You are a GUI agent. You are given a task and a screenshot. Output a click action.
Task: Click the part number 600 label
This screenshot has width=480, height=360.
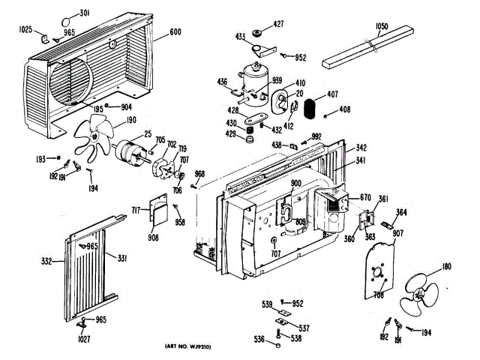[x=175, y=32]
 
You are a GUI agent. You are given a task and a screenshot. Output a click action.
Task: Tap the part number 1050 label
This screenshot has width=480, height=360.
[x=381, y=27]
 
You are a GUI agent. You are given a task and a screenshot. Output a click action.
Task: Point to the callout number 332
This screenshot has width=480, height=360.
[x=46, y=262]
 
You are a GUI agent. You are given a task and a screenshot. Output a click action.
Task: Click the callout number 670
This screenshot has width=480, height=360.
[x=366, y=197]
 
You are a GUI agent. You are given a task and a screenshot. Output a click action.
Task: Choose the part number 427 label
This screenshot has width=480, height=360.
[x=278, y=25]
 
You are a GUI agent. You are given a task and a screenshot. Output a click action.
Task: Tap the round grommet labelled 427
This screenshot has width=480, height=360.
[x=258, y=33]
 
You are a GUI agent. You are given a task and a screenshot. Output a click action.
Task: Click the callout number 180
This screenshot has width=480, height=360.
[x=447, y=268]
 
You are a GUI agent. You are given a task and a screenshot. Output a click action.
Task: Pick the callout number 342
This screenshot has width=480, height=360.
[x=361, y=148]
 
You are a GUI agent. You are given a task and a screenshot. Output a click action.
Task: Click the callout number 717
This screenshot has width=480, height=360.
[x=137, y=208]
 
